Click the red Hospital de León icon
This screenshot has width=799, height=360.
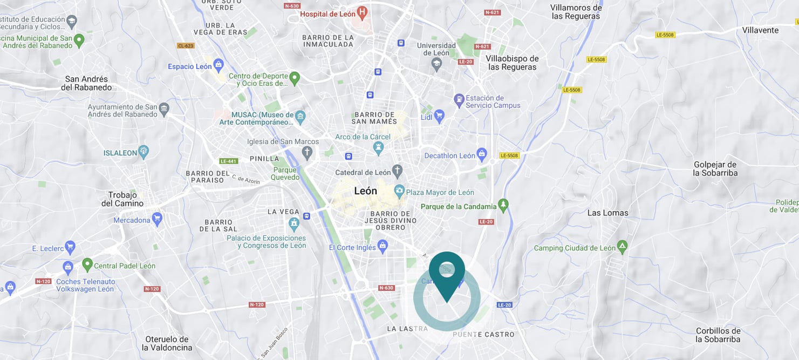[x=362, y=11]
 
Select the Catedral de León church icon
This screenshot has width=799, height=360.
[x=398, y=172]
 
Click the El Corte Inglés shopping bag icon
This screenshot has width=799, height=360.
[x=383, y=247]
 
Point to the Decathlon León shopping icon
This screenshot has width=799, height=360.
[x=482, y=155]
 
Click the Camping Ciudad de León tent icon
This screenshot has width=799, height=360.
[x=623, y=247]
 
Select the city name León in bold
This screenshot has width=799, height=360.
[x=366, y=191]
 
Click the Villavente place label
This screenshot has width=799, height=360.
[x=760, y=30]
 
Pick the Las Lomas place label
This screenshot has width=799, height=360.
[x=607, y=213]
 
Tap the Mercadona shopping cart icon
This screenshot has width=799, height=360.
[x=157, y=219]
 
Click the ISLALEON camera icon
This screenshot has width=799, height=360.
[x=143, y=152]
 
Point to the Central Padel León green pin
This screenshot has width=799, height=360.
[x=87, y=264]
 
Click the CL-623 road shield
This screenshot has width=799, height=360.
[x=185, y=46]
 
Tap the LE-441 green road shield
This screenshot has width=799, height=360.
[x=228, y=161]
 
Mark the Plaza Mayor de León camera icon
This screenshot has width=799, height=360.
[x=399, y=191]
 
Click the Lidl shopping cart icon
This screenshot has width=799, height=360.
[x=440, y=116]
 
